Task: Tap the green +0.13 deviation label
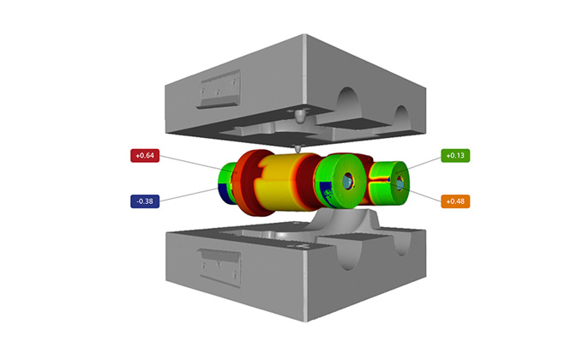454,155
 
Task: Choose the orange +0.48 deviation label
454,201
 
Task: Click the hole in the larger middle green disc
347,183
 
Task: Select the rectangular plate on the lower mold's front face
216,257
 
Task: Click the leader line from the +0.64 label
193,163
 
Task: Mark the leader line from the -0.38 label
193,195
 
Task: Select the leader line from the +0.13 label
420,163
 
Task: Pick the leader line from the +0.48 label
420,192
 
